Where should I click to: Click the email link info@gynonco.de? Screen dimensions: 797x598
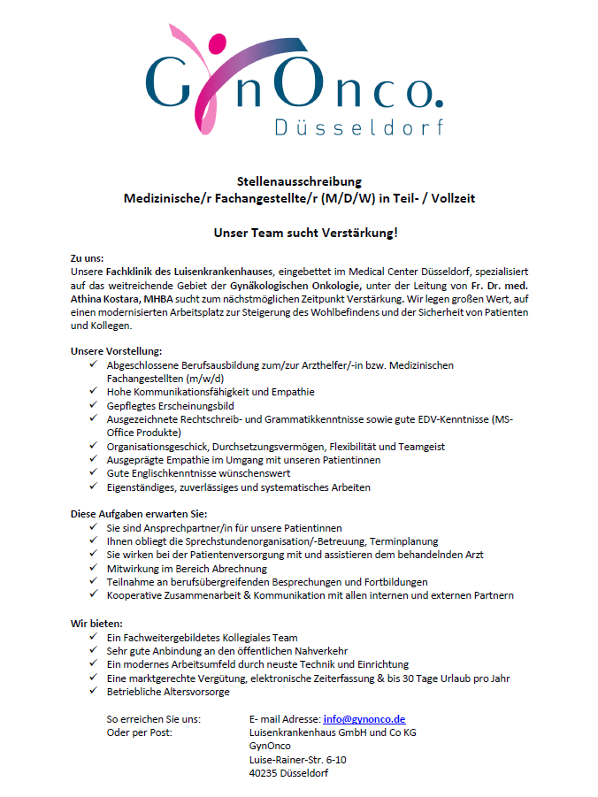pyautogui.click(x=364, y=719)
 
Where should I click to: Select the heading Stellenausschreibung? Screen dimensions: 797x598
pyautogui.click(x=299, y=181)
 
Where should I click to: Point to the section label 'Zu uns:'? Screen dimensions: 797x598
pyautogui.click(x=88, y=257)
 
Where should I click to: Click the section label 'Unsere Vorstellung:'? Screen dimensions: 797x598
pyautogui.click(x=116, y=351)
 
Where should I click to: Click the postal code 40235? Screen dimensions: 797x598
pyautogui.click(x=266, y=772)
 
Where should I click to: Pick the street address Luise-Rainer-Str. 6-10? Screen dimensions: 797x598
pyautogui.click(x=298, y=759)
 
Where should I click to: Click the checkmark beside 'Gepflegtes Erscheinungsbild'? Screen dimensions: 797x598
pyautogui.click(x=94, y=405)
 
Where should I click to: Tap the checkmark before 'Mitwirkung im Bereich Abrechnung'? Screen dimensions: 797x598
pyautogui.click(x=94, y=568)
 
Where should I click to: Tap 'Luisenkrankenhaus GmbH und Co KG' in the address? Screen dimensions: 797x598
pyautogui.click(x=333, y=732)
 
